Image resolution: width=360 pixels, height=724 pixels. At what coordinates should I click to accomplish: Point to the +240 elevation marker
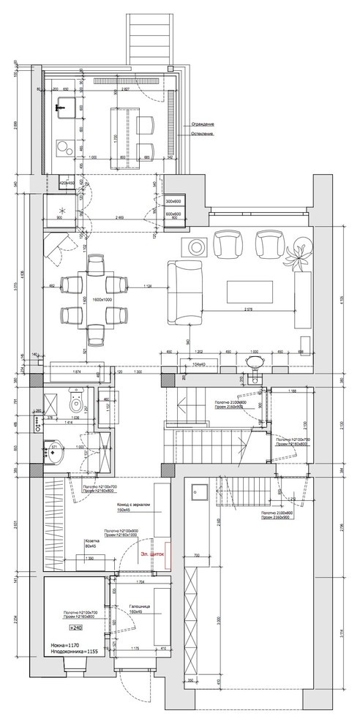[x=75, y=628]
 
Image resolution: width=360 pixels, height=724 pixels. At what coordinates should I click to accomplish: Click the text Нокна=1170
[x=67, y=646]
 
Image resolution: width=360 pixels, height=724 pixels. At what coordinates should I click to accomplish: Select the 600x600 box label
[x=174, y=214]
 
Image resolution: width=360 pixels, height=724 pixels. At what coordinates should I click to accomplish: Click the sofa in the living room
[x=183, y=293]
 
